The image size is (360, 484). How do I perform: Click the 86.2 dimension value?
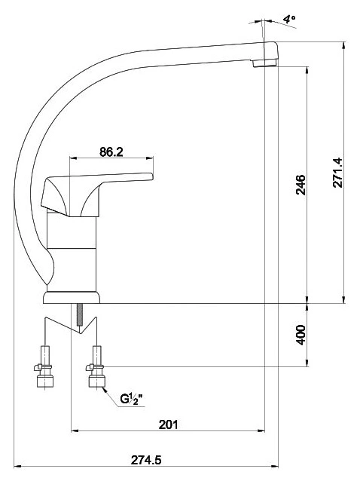click(x=111, y=152)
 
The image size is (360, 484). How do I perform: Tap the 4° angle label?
click(x=289, y=20)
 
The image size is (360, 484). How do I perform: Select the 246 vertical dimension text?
click(x=301, y=185)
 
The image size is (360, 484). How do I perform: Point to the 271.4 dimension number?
click(x=337, y=173)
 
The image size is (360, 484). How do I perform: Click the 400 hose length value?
click(x=301, y=335)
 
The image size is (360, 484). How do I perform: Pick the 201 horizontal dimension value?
click(x=168, y=424)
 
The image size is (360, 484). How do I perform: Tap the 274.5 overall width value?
click(x=146, y=460)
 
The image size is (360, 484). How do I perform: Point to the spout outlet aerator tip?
click(x=264, y=63)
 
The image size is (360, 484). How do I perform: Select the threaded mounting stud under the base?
click(x=80, y=314)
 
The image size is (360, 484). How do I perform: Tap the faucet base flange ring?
click(x=72, y=298)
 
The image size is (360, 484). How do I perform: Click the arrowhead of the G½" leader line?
click(x=105, y=390)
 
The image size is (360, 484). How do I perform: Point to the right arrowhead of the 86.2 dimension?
click(x=150, y=158)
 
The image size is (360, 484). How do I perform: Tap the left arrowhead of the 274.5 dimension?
click(x=18, y=466)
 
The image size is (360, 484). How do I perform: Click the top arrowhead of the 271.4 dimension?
click(x=343, y=46)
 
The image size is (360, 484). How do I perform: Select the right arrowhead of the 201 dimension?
click(x=261, y=430)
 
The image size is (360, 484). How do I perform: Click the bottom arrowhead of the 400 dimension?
click(x=307, y=363)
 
